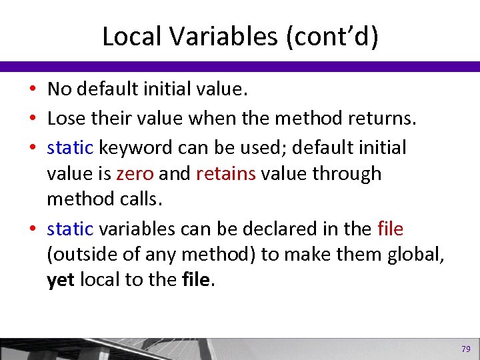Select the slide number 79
465,349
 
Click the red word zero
135,174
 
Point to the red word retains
226,174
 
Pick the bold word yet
61,280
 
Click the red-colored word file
390,229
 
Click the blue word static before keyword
70,147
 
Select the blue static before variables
70,229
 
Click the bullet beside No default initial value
33,89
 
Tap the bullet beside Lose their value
33,119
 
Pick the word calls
141,200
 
